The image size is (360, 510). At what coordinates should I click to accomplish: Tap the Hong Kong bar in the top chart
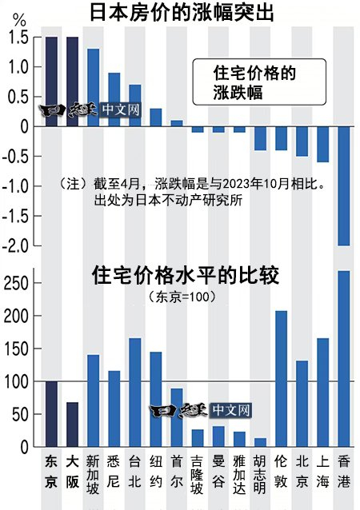pos(343,185)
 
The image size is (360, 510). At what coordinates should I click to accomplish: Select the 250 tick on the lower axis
pos(18,283)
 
